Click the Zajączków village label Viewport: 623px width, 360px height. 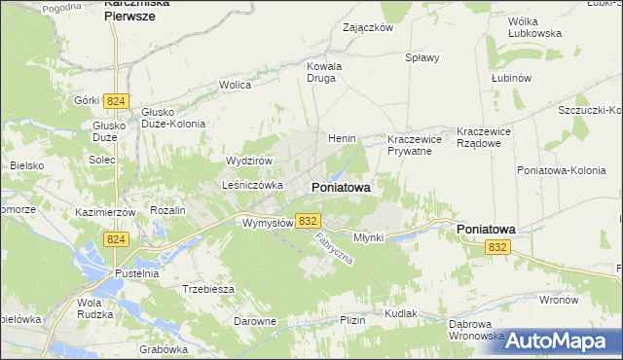pos(367,28)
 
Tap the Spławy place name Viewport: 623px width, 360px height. pos(422,57)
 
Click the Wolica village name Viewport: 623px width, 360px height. pos(235,86)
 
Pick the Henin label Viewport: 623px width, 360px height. pos(342,138)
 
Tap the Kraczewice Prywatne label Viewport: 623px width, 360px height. pos(414,145)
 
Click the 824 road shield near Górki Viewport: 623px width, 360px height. pos(118,101)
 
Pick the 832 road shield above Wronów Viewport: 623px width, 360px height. pos(497,248)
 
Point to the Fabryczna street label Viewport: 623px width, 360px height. pos(332,252)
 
